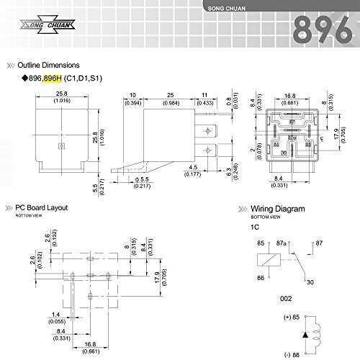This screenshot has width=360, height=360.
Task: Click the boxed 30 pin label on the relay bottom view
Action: point(283,153)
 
